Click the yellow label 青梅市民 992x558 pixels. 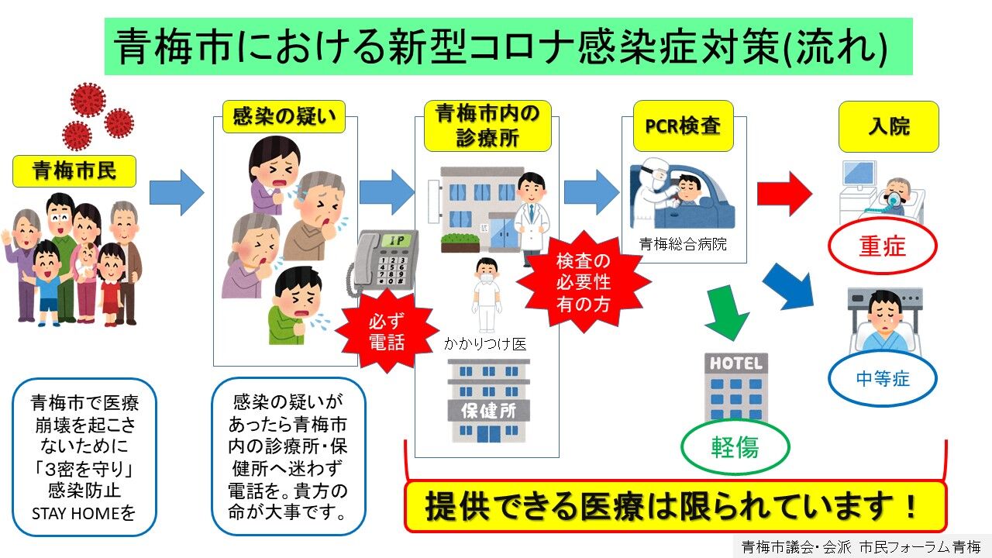(x=74, y=171)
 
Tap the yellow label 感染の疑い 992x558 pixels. (x=284, y=116)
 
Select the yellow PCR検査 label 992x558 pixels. (x=684, y=126)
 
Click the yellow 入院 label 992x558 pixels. (x=889, y=126)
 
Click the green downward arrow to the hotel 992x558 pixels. (x=726, y=312)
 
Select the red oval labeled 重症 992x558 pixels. (x=883, y=246)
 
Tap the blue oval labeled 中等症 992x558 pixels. (x=883, y=379)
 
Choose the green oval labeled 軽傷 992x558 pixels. (x=735, y=446)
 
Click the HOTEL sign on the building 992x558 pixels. (x=736, y=364)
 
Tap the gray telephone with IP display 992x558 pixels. (x=382, y=262)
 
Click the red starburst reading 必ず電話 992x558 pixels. (x=387, y=331)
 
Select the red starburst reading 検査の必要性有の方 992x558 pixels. (x=584, y=282)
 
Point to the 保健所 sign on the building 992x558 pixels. (x=489, y=411)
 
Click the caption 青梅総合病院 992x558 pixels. (x=683, y=244)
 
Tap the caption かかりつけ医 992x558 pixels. (x=485, y=344)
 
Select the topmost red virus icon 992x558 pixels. (x=88, y=99)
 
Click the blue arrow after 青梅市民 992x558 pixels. (x=177, y=193)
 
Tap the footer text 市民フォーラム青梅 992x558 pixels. (x=920, y=547)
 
